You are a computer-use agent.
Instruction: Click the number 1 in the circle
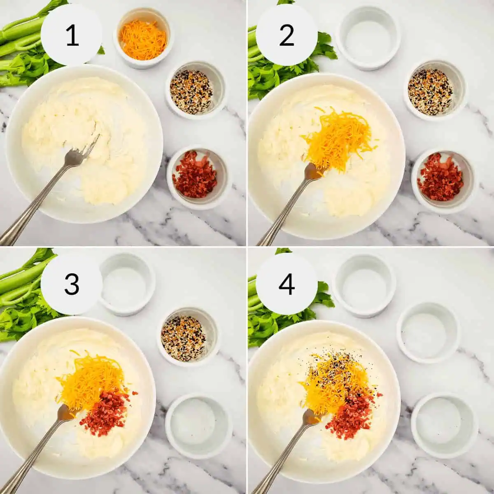pos(72,35)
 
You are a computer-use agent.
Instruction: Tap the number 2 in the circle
pos(287,35)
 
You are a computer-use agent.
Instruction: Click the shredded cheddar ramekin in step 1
pos(143,39)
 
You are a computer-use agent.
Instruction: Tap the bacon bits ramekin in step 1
pos(195,175)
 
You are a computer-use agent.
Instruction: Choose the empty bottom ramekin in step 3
pos(194,424)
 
